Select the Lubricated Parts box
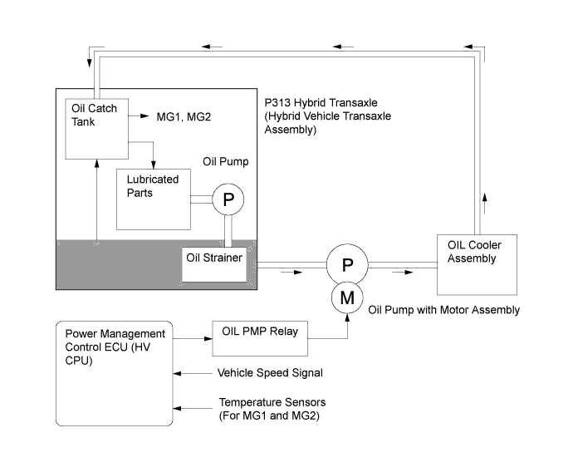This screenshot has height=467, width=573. [153, 199]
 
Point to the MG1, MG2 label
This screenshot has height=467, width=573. [184, 117]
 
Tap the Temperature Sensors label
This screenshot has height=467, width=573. [265, 407]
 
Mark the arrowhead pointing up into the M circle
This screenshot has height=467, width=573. [347, 315]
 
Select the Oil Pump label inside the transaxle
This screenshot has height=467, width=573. [225, 160]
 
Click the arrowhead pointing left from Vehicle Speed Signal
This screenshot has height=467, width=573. [179, 373]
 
